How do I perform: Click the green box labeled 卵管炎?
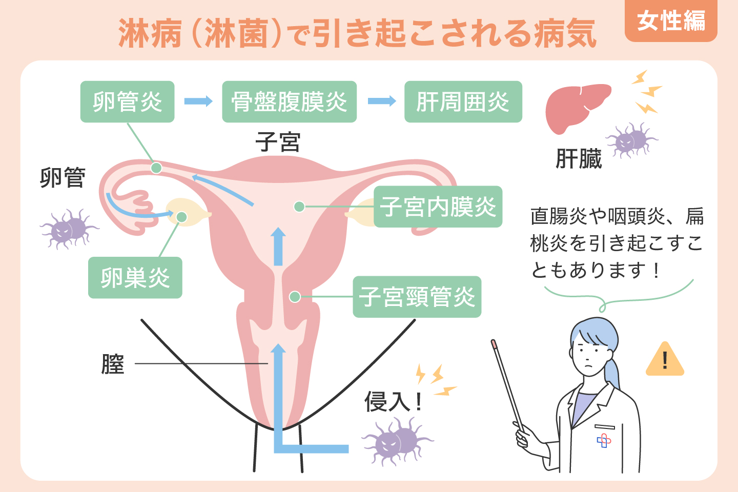click(127, 101)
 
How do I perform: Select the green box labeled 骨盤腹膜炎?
click(289, 101)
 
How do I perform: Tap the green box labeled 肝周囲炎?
click(463, 101)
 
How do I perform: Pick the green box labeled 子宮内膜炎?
click(438, 207)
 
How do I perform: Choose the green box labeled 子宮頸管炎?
click(417, 297)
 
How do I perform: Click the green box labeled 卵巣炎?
click(135, 277)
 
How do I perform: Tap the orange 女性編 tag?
click(670, 22)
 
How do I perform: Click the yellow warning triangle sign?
click(665, 360)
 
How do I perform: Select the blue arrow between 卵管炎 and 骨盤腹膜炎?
click(198, 101)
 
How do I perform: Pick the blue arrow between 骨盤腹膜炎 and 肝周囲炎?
click(381, 101)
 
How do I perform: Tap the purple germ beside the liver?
click(631, 139)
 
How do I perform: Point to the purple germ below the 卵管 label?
click(69, 229)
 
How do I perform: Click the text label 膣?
click(113, 364)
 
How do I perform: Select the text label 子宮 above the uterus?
click(278, 141)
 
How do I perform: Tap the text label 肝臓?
click(579, 159)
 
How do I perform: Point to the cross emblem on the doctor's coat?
click(604, 440)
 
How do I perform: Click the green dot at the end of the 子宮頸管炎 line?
click(295, 297)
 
